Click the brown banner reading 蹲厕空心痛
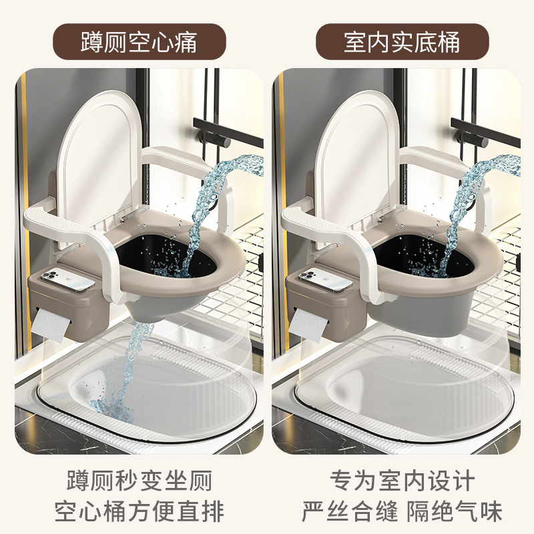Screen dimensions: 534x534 [x=139, y=42]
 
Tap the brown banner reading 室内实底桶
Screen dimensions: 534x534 [x=402, y=42]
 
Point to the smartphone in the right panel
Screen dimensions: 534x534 [x=325, y=280]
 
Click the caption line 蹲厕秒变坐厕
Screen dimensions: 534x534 [x=139, y=480]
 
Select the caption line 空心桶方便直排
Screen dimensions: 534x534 [x=139, y=512]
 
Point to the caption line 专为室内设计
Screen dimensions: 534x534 [x=402, y=480]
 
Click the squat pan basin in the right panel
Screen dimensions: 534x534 [x=400, y=394]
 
